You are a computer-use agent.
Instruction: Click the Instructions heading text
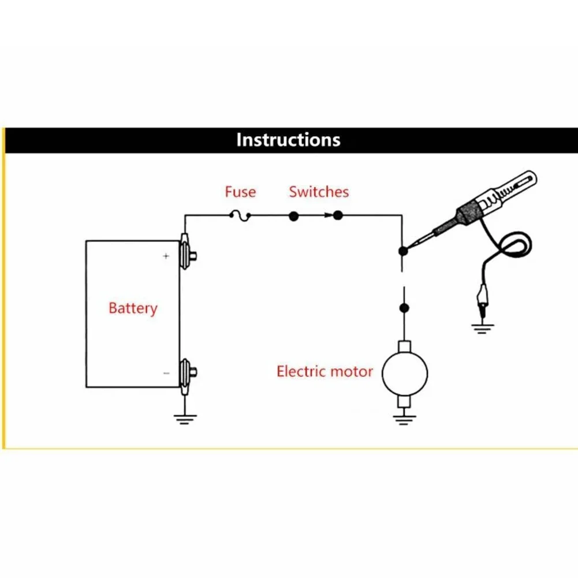point(288,140)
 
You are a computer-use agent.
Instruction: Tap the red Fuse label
point(240,192)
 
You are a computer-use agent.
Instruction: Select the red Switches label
point(319,192)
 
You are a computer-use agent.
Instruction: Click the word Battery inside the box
point(133,308)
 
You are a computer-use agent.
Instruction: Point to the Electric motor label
point(325,371)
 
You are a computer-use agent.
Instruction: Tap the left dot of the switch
point(293,217)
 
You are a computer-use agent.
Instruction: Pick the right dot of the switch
point(338,217)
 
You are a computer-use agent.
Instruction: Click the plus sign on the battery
point(166,256)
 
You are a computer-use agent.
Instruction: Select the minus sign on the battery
point(166,374)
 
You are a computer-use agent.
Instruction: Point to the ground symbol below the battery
point(184,419)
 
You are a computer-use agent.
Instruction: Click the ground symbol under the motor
point(405,419)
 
